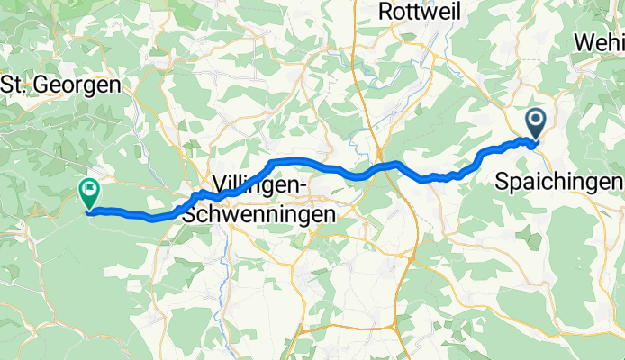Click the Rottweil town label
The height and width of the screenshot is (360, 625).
[x=420, y=12]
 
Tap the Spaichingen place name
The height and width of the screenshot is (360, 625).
[x=559, y=182]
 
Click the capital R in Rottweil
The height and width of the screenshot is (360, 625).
[x=387, y=12]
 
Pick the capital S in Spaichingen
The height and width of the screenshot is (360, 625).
[x=503, y=182]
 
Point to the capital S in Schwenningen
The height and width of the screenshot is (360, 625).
[x=186, y=215]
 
